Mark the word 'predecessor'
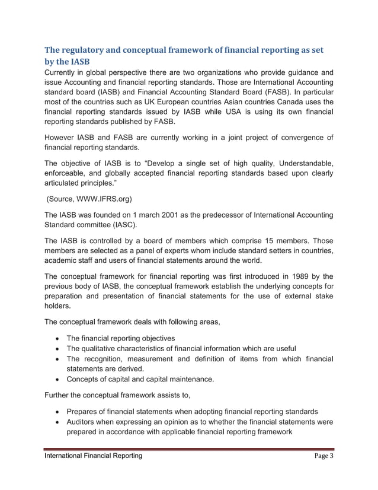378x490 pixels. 236,215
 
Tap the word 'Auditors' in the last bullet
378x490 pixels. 85,422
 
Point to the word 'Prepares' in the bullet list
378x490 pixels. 86,411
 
